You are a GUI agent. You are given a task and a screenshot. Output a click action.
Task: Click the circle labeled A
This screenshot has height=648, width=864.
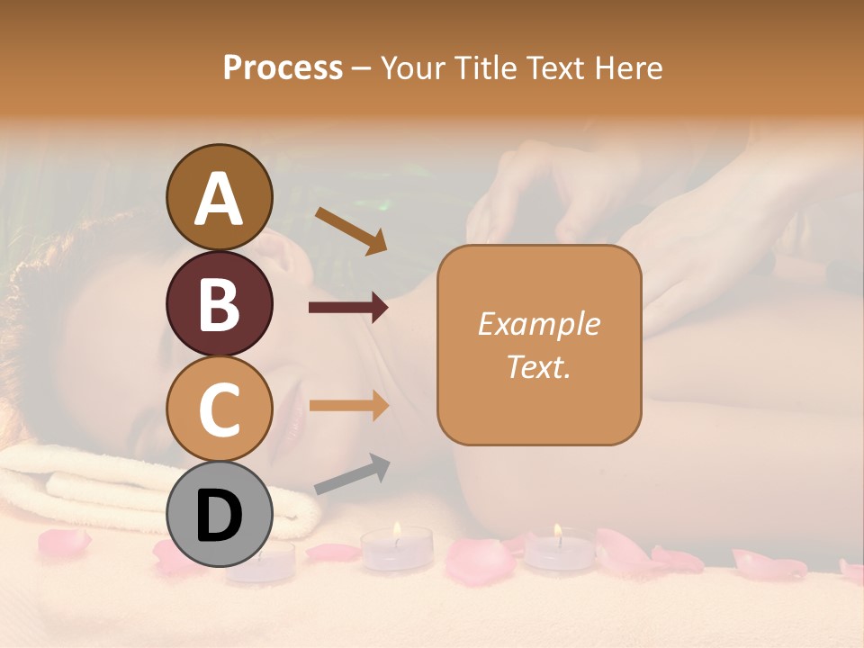tap(220, 198)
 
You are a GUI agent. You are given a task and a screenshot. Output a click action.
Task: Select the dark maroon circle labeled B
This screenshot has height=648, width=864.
tap(220, 303)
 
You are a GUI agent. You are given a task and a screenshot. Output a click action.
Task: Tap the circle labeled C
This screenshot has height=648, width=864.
tap(220, 409)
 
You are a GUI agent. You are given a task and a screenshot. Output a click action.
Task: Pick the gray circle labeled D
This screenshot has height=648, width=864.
tap(220, 514)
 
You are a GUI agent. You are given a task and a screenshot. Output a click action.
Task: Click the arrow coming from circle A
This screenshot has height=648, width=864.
tap(350, 230)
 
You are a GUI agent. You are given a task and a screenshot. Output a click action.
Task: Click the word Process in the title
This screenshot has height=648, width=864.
tap(283, 67)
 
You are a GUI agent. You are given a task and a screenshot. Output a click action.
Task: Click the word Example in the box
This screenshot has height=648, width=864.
tap(538, 324)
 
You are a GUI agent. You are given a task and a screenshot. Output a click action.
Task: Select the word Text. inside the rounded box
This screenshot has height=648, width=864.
tap(538, 366)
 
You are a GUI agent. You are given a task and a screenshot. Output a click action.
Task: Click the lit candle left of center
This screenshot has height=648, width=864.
tap(396, 546)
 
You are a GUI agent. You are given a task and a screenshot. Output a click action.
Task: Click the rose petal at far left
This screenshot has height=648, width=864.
tap(63, 542)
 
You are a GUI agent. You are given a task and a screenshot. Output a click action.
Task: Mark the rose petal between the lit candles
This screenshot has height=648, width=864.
tap(480, 560)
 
